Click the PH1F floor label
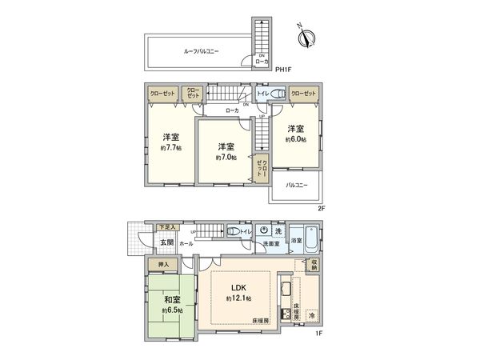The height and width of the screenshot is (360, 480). (282, 70)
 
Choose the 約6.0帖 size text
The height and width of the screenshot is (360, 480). (295, 139)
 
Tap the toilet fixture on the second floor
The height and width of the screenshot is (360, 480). (277, 94)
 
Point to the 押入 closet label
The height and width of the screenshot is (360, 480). (161, 263)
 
